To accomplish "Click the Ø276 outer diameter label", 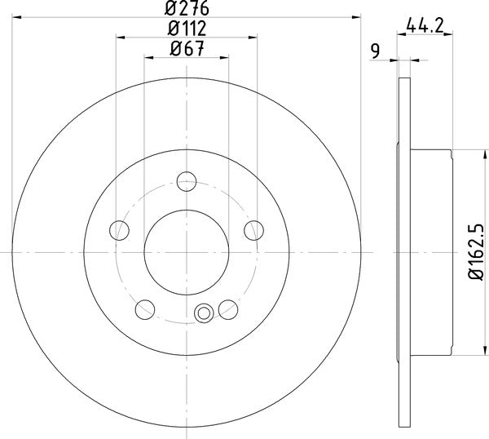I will (186, 10).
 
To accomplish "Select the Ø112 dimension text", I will (186, 29).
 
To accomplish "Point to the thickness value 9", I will (376, 50).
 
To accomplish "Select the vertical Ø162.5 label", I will (478, 253).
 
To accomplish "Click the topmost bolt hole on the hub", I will (187, 182).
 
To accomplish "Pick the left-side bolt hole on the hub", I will (120, 230).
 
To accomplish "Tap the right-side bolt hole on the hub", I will (253, 230).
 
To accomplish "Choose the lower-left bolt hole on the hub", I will (145, 308).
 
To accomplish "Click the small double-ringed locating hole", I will (205, 310).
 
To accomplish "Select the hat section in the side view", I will (432, 252).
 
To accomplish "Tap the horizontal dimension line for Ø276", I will (186, 18).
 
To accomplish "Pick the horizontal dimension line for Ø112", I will (186, 38).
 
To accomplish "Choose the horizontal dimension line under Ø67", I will (186, 57).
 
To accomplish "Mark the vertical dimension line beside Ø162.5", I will (469, 252).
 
